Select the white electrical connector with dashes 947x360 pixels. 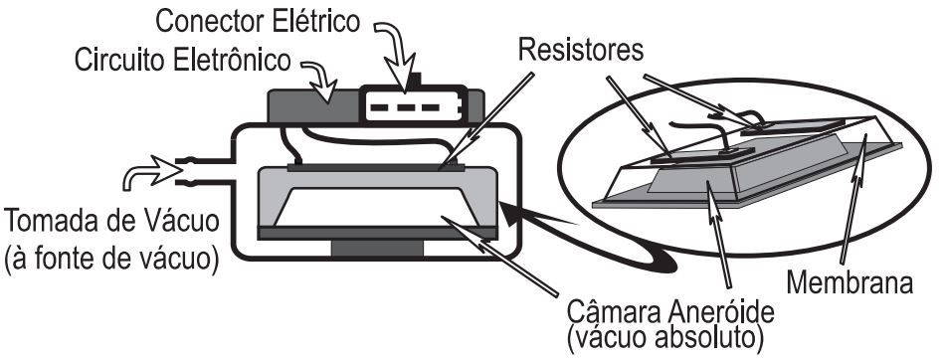[411, 104]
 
